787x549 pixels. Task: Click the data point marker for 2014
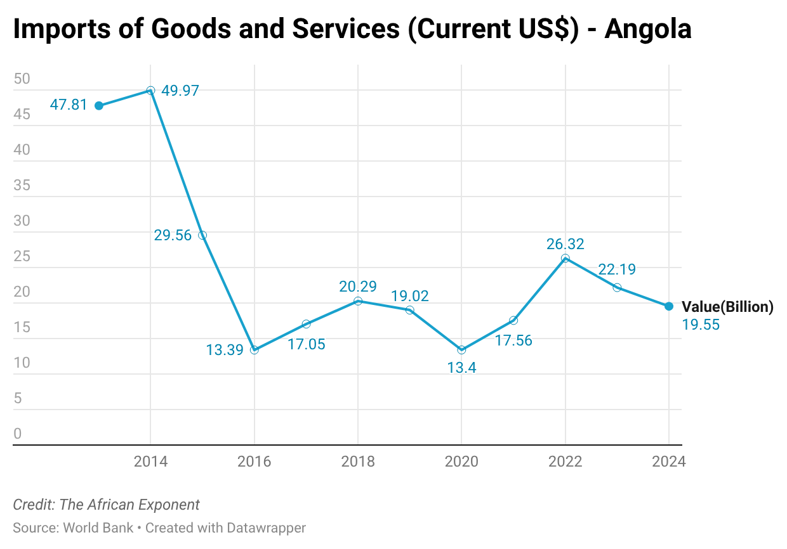(x=150, y=91)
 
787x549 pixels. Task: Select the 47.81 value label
(x=69, y=105)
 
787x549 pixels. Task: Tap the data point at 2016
(x=255, y=350)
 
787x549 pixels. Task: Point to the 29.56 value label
(x=173, y=235)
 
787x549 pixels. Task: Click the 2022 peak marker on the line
(x=565, y=258)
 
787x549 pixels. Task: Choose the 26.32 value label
(x=565, y=244)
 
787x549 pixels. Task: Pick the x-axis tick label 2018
(x=358, y=462)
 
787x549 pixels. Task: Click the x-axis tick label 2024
(x=669, y=462)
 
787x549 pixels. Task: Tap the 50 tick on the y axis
(x=22, y=79)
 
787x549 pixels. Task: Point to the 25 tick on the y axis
(x=22, y=257)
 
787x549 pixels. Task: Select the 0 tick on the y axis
(x=18, y=434)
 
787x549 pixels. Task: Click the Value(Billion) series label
(x=727, y=307)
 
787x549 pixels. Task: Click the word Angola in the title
(x=647, y=29)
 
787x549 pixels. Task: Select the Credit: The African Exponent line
(x=107, y=505)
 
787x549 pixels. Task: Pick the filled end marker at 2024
(x=669, y=306)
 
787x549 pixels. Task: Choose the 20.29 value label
(x=358, y=287)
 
